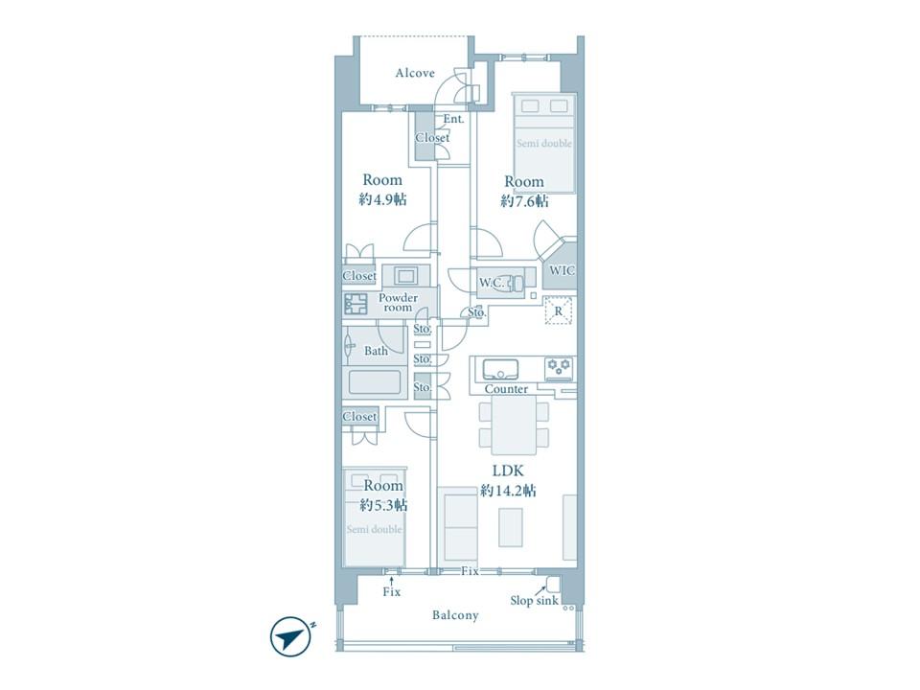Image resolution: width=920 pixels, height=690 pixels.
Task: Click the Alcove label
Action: tap(415, 74)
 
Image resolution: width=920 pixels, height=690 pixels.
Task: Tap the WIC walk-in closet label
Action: tap(562, 270)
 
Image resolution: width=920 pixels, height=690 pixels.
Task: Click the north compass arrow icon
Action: tap(289, 636)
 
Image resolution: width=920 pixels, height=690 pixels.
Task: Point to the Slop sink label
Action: tap(534, 601)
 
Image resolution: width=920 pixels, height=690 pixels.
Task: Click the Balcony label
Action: tap(455, 615)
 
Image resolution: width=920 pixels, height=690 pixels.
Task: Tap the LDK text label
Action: tap(508, 471)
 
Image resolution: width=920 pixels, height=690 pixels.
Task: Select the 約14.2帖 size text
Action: tap(508, 491)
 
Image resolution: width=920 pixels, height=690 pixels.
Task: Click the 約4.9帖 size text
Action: tap(382, 199)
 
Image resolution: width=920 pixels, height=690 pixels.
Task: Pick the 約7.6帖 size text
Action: tap(524, 201)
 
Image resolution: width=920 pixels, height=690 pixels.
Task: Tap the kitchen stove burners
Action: tap(559, 367)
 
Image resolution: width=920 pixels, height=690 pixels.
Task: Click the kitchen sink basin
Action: tap(500, 370)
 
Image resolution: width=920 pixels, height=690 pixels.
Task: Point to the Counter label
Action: tap(506, 389)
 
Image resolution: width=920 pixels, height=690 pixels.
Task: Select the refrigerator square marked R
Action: tap(559, 310)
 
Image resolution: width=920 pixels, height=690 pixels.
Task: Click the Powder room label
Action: tap(398, 302)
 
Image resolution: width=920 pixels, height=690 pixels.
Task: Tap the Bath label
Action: tap(376, 351)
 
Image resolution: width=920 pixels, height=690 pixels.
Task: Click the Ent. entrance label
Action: tap(453, 119)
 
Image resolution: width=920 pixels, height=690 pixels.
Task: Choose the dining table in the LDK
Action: tap(514, 425)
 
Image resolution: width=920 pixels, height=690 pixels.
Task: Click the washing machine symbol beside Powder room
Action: tap(355, 304)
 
